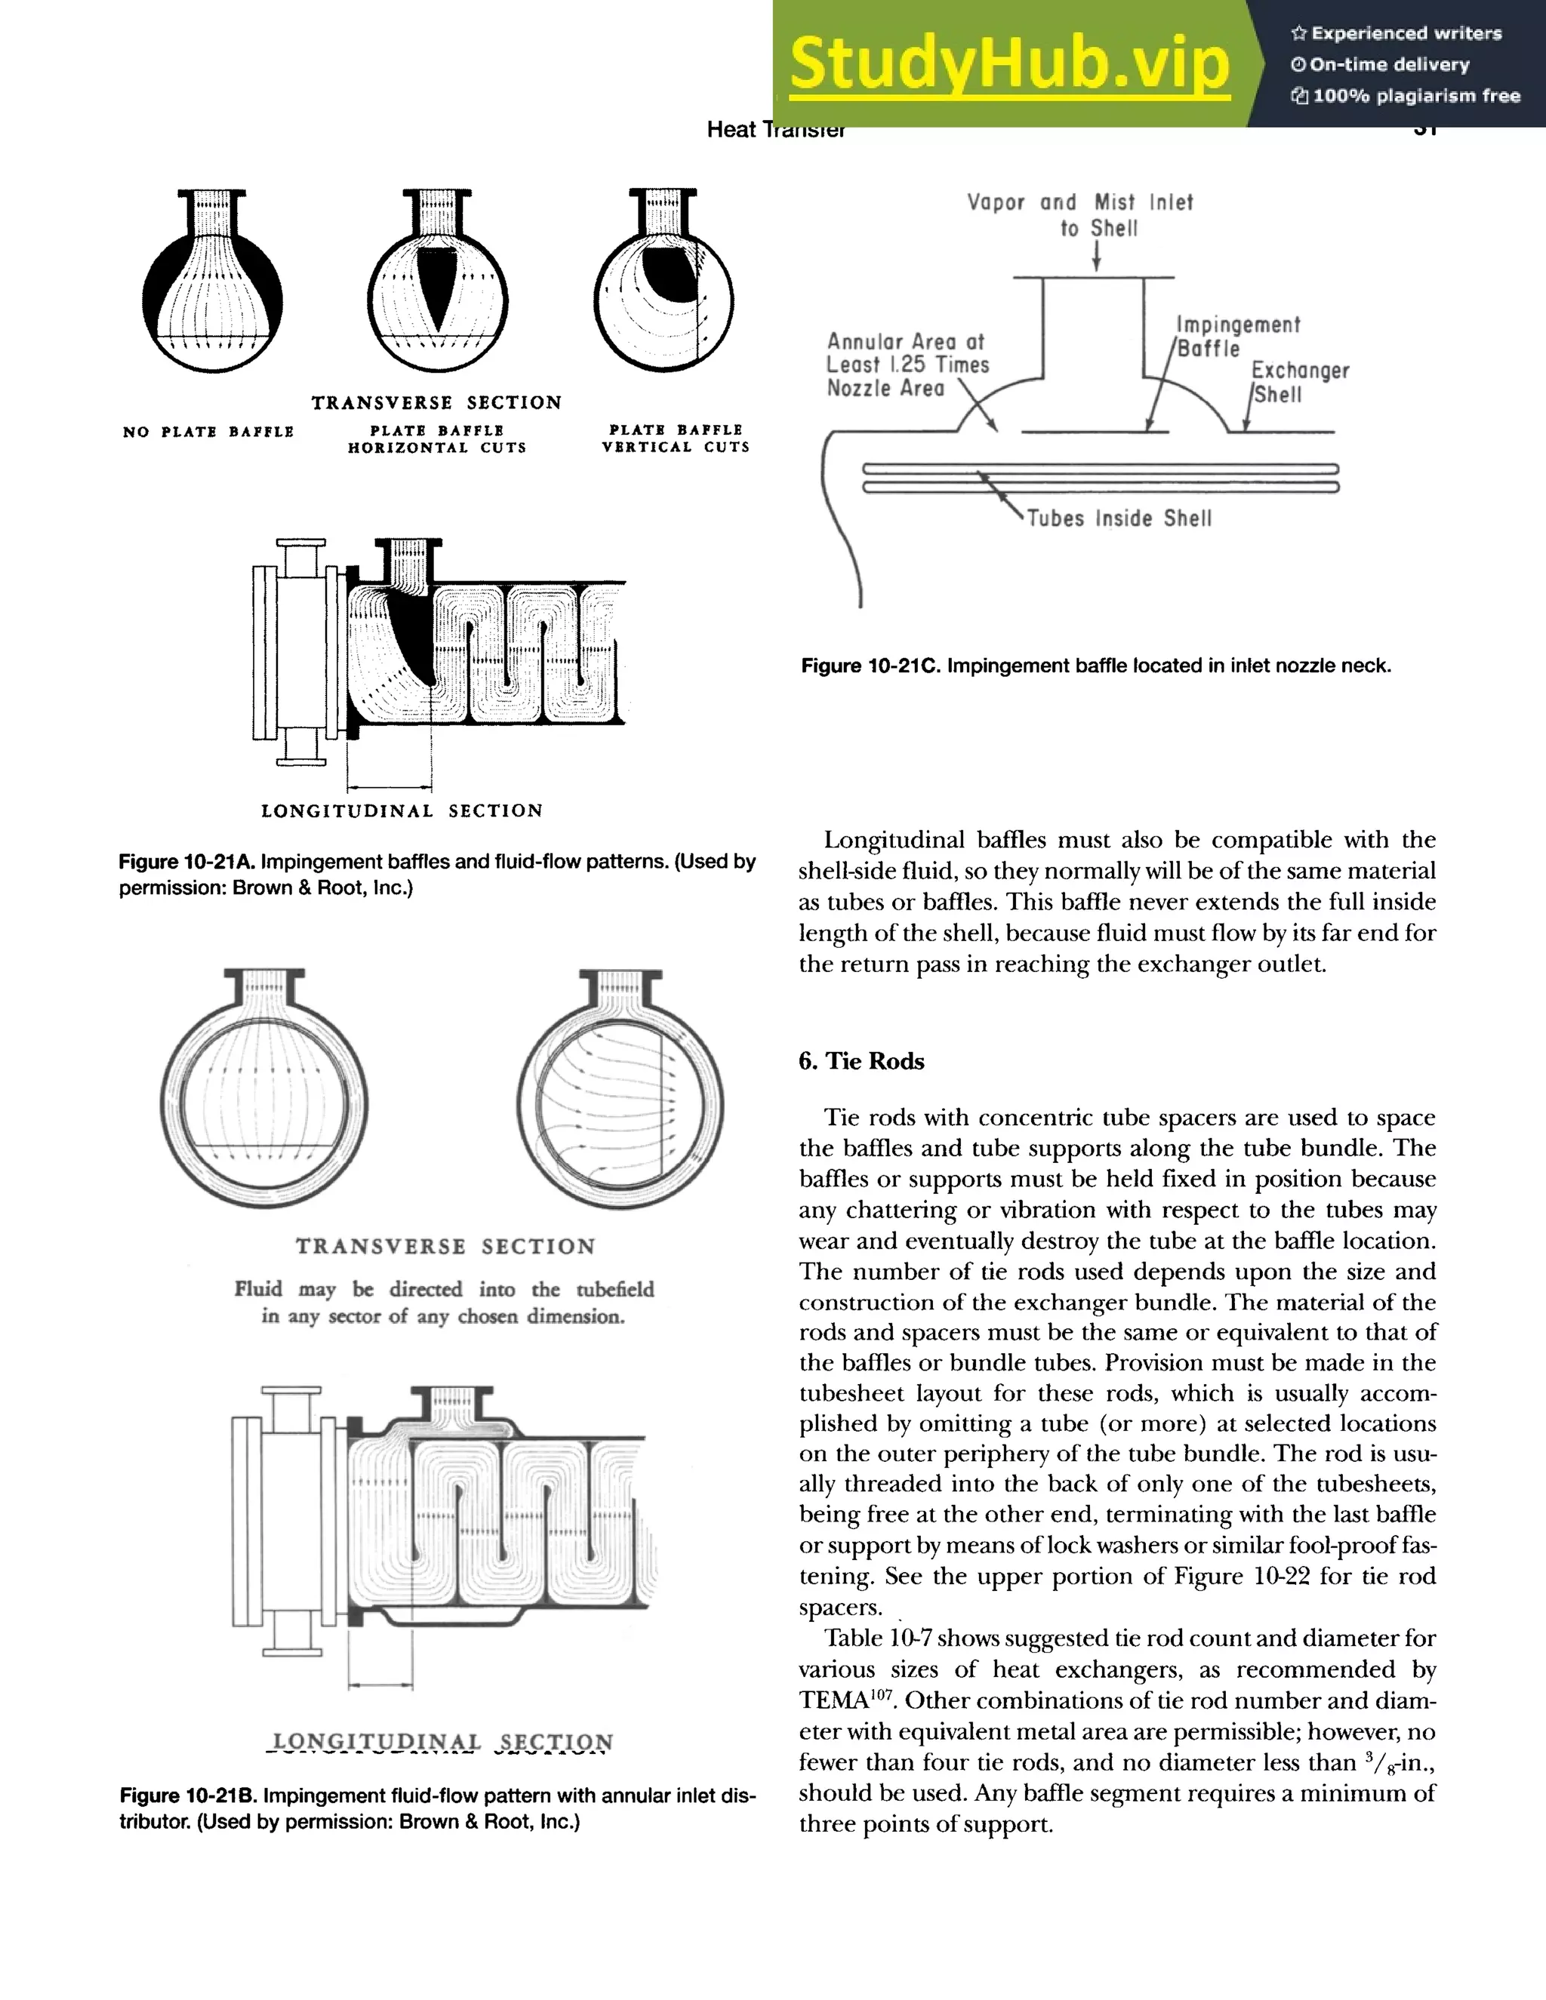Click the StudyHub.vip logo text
coord(1009,64)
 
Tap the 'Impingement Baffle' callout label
coord(1236,336)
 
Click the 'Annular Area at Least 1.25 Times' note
coord(907,353)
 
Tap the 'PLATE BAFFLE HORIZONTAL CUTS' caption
coord(437,438)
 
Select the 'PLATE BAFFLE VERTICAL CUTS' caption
coord(675,438)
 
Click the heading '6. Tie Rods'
coord(861,1060)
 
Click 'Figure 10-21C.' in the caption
coord(870,666)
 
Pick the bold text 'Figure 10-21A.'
coord(188,862)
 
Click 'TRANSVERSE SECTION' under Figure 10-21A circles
coord(436,403)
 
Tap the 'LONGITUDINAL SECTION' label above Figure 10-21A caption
coord(402,811)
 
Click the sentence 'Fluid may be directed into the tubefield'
coord(444,1289)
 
